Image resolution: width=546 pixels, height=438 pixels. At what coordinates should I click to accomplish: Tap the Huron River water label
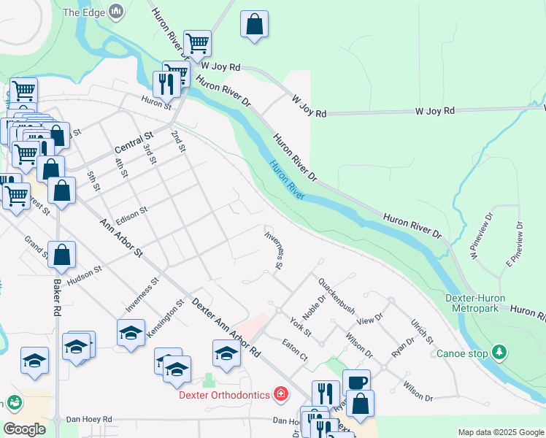pyautogui.click(x=287, y=180)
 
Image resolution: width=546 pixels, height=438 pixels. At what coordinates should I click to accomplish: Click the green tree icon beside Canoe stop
pyautogui.click(x=499, y=353)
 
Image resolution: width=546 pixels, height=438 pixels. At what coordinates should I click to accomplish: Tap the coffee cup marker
pyautogui.click(x=356, y=382)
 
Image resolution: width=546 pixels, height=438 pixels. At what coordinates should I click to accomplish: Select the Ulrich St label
pyautogui.click(x=422, y=330)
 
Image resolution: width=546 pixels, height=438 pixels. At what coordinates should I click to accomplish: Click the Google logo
pyautogui.click(x=24, y=429)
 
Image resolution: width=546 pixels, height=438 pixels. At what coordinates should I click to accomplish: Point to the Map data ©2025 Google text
pyautogui.click(x=501, y=432)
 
